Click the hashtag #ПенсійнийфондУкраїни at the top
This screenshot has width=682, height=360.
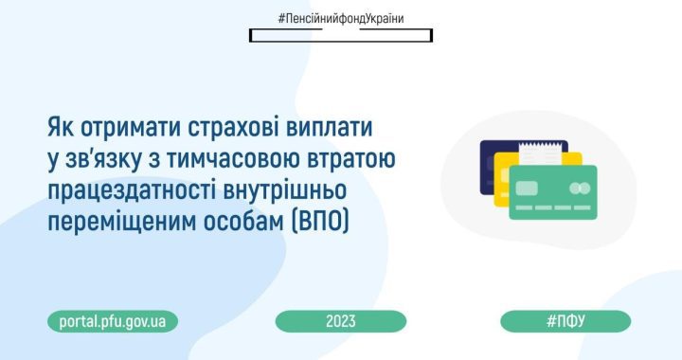pyautogui.click(x=341, y=19)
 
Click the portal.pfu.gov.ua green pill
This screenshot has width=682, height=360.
pyautogui.click(x=113, y=321)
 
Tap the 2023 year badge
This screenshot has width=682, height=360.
pyautogui.click(x=341, y=321)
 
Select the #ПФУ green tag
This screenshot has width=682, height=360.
pyautogui.click(x=565, y=321)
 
